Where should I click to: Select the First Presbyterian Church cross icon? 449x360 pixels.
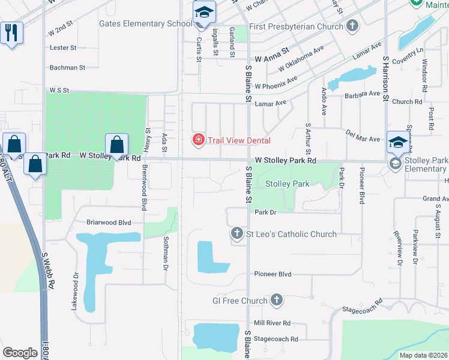pyautogui.click(x=352, y=26)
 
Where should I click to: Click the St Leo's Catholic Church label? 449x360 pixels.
pyautogui.click(x=292, y=234)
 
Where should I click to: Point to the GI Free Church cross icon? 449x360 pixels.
pyautogui.click(x=277, y=300)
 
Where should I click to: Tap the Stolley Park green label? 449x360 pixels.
pyautogui.click(x=288, y=184)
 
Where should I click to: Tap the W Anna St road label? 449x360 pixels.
pyautogui.click(x=272, y=59)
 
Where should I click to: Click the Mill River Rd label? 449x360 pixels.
pyautogui.click(x=272, y=322)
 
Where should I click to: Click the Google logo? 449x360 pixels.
pyautogui.click(x=20, y=353)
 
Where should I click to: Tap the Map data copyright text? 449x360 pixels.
pyautogui.click(x=424, y=355)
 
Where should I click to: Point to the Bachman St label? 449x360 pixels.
pyautogui.click(x=68, y=68)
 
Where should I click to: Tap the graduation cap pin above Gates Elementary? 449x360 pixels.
pyautogui.click(x=203, y=12)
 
